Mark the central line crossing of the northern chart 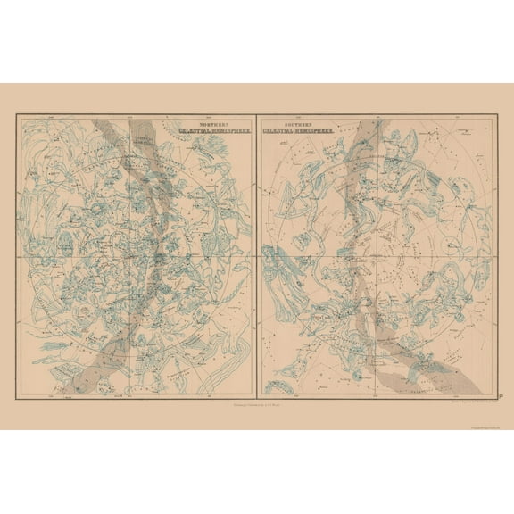click(137, 258)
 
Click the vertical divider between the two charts click(257, 258)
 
